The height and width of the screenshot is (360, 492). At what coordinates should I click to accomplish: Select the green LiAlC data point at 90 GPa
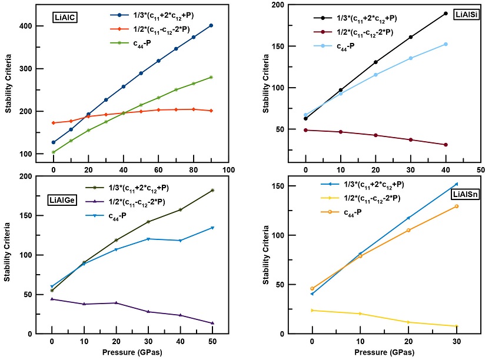[211, 77]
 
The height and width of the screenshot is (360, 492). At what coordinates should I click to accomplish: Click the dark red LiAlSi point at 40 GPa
[446, 145]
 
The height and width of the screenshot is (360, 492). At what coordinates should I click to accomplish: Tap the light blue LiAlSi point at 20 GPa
[375, 75]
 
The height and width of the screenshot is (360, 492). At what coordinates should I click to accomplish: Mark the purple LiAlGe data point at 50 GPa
[212, 323]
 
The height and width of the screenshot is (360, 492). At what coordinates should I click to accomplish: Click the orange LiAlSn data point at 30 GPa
[456, 206]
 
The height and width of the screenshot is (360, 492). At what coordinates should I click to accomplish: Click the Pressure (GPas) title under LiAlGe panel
[131, 352]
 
